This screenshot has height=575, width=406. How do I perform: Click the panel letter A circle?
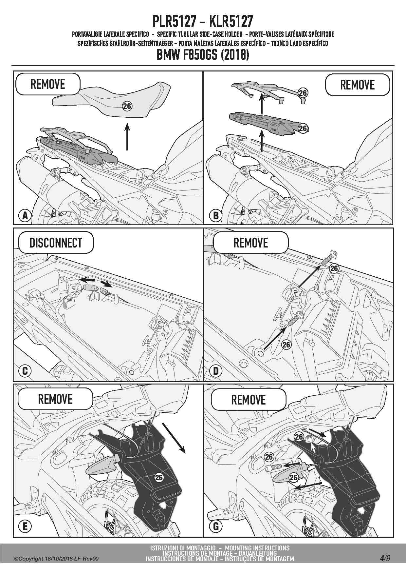click(x=25, y=215)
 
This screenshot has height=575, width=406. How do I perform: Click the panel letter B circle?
click(x=215, y=215)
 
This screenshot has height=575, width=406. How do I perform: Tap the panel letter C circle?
click(x=25, y=371)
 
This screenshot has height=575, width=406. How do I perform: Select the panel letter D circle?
click(x=216, y=371)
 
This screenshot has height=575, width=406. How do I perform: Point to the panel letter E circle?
click(x=25, y=526)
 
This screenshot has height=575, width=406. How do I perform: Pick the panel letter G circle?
click(x=216, y=526)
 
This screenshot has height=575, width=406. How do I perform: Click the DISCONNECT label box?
click(x=56, y=243)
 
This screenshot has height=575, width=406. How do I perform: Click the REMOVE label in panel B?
click(x=358, y=85)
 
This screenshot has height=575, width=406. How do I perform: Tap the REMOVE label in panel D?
click(x=250, y=243)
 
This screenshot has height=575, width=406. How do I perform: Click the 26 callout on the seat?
click(x=127, y=106)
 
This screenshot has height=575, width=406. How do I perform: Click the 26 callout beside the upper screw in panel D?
click(x=334, y=268)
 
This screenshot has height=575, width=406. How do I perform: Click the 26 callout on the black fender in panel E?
click(x=159, y=477)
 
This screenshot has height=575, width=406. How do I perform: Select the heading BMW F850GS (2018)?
click(x=203, y=54)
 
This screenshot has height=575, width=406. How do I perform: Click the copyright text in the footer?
click(x=56, y=559)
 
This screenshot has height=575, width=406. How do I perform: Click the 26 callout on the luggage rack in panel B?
click(x=303, y=93)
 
